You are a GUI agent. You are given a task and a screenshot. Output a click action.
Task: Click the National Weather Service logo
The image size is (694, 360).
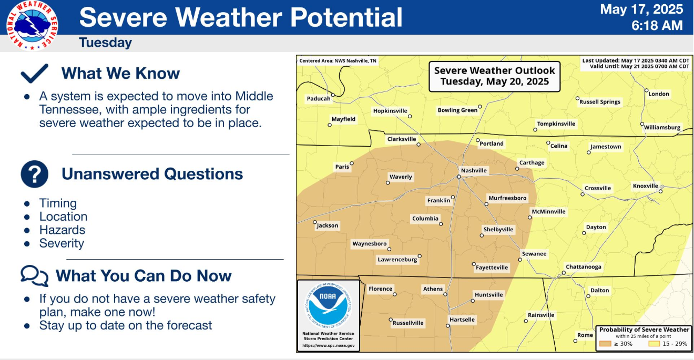(x=32, y=26)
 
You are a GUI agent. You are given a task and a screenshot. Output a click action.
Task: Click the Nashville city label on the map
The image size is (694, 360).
(x=474, y=170)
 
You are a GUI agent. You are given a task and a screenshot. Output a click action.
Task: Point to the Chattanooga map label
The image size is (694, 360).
(x=584, y=267)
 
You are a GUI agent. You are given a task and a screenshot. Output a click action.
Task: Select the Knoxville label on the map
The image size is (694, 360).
(x=645, y=186)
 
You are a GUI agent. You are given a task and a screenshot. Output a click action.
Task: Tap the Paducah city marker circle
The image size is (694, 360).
(x=333, y=95)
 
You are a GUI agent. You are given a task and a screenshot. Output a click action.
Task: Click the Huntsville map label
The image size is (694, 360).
(x=488, y=295)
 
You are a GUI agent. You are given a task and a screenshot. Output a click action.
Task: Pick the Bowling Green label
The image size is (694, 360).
(x=457, y=110)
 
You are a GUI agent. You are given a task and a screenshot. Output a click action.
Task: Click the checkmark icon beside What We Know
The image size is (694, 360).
(x=34, y=74)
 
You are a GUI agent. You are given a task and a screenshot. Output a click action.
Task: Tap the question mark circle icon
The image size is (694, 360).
(x=34, y=174)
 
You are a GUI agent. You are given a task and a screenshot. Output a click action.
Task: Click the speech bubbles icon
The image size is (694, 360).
(x=34, y=275)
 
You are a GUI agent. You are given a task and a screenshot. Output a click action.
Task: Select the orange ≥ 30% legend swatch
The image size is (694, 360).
(x=605, y=344)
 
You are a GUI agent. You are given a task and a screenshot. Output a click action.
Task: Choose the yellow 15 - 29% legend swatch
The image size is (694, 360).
(x=654, y=344)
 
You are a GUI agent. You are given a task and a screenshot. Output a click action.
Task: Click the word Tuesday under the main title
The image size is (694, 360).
(x=105, y=43)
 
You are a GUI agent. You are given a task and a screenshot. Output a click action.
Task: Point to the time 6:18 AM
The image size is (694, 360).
(x=657, y=25)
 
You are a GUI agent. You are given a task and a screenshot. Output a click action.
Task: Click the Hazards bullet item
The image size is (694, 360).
(x=62, y=230)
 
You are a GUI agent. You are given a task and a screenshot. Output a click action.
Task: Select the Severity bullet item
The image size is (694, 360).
(x=62, y=243)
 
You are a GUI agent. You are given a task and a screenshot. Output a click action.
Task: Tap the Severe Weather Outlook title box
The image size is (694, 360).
(x=494, y=76)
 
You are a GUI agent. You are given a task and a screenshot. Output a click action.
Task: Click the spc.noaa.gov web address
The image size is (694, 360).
(x=329, y=345)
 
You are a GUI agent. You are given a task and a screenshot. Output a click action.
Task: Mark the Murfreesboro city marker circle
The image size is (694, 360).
(x=486, y=204)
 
